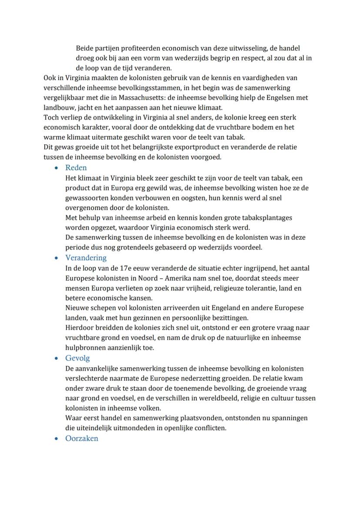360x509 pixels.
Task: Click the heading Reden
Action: click(76, 168)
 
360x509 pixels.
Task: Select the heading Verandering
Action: click(86, 258)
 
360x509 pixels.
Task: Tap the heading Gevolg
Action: click(77, 358)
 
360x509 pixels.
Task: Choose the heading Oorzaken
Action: click(82, 438)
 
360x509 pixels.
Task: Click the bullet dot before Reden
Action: click(57, 168)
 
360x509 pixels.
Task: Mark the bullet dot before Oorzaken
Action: click(57, 439)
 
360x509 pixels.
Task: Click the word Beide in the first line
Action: click(85, 48)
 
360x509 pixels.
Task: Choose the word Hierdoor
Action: click(80, 328)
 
